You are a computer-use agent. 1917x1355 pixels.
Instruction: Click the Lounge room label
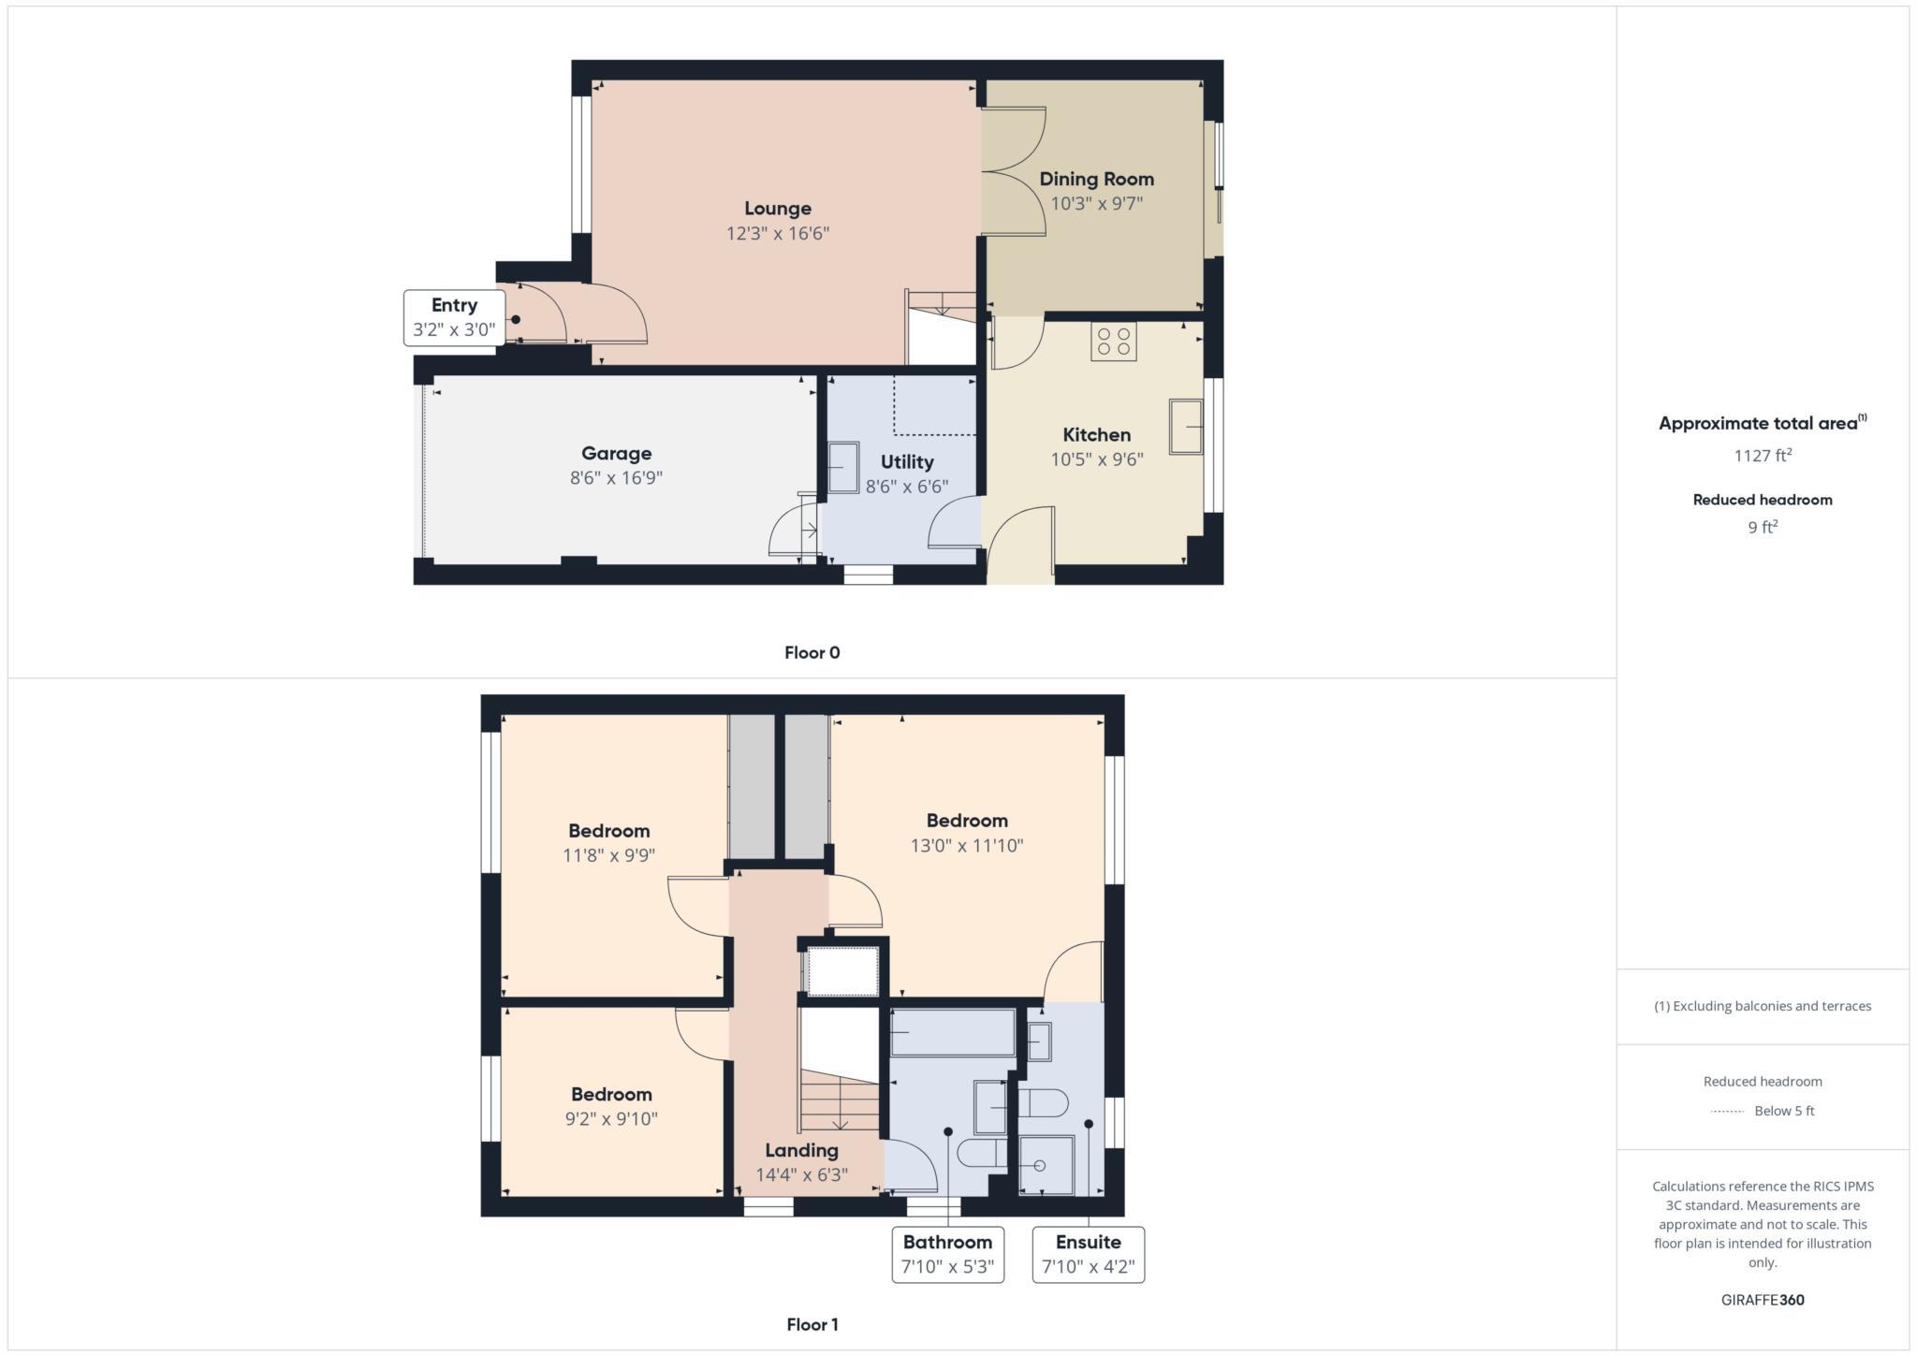777,209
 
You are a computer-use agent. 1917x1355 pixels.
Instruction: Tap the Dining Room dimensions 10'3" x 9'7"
1096,204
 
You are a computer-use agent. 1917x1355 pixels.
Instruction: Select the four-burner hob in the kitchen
1113,342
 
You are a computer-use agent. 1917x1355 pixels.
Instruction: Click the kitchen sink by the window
1186,427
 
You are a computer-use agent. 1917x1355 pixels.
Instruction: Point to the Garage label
616,454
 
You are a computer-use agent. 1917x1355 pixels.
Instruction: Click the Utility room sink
842,467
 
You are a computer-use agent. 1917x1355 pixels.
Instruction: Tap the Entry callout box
454,318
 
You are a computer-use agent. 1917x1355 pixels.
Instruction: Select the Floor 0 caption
812,653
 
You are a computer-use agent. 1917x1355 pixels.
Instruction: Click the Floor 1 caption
812,1325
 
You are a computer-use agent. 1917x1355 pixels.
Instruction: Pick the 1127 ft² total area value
1762,456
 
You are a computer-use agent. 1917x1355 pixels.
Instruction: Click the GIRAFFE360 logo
1762,1300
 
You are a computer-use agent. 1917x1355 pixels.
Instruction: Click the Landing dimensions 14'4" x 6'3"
801,1175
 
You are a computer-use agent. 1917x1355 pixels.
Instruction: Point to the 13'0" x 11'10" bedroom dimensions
966,846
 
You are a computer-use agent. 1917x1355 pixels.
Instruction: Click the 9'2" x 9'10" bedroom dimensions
611,1119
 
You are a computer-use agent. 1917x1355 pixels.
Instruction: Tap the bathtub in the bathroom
952,1032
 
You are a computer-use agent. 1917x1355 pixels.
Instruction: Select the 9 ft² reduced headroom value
1762,528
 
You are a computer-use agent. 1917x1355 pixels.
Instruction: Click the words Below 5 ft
1784,1112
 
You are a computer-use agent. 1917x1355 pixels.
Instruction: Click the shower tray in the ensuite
1046,1165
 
